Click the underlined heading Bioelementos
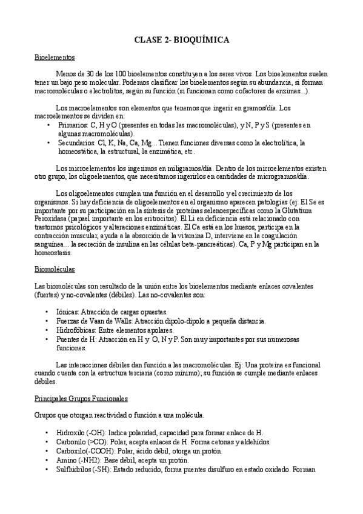[55, 58]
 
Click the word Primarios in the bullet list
[73, 125]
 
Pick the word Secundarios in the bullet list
[76, 142]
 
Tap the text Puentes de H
[76, 339]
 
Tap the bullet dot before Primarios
[48, 125]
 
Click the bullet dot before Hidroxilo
[48, 433]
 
